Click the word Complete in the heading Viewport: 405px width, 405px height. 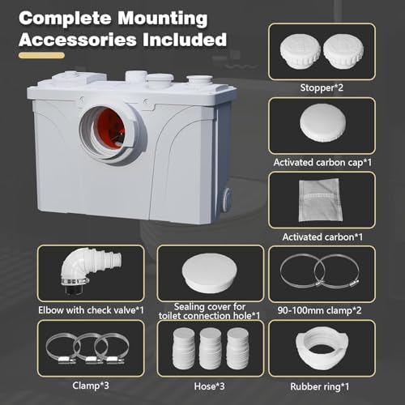coord(66,18)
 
